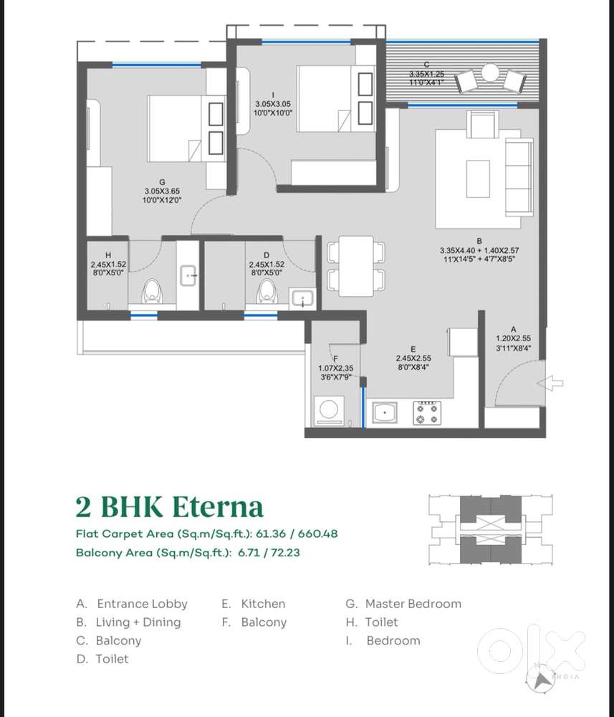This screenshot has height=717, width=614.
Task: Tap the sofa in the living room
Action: pos(519,176)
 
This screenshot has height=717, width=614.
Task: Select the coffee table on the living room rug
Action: pos(479,176)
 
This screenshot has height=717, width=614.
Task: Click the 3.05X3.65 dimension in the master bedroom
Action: pos(163,191)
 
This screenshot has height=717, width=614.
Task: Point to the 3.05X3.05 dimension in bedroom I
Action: pos(273,104)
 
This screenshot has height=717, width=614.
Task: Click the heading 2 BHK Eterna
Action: pos(169,506)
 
